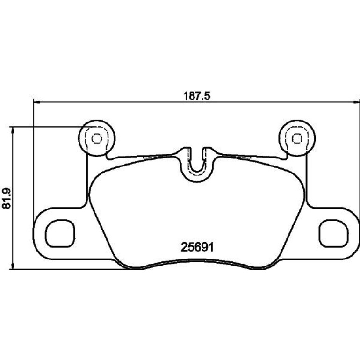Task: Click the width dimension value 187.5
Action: (197, 96)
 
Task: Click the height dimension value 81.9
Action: (7, 198)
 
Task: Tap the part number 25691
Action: (197, 247)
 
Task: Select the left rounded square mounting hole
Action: (60, 233)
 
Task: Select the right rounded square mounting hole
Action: (334, 233)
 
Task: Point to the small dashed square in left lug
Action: (97, 138)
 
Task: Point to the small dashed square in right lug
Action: (297, 138)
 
